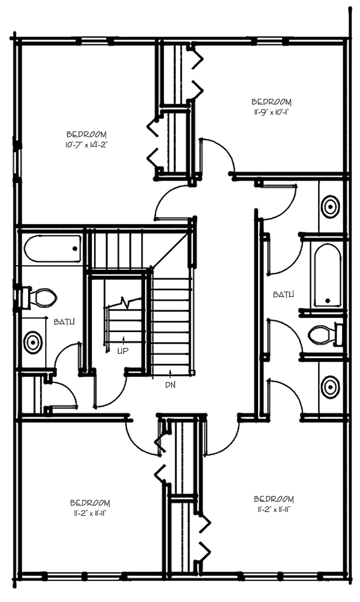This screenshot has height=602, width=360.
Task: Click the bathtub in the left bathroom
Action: click(53, 249)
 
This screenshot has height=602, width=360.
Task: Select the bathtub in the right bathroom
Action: click(328, 274)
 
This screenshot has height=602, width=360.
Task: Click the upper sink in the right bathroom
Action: click(330, 207)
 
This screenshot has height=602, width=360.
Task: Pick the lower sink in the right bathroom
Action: click(330, 387)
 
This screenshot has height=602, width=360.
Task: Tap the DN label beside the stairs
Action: click(170, 384)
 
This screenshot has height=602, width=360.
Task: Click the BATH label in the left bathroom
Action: click(64, 322)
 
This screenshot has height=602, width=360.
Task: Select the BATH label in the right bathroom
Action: click(284, 294)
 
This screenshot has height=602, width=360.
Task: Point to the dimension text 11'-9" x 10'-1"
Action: click(272, 112)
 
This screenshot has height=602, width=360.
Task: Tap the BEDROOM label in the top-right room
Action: click(272, 102)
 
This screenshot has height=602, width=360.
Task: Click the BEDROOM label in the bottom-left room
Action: click(90, 502)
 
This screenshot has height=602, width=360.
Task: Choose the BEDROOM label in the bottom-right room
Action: click(274, 499)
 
